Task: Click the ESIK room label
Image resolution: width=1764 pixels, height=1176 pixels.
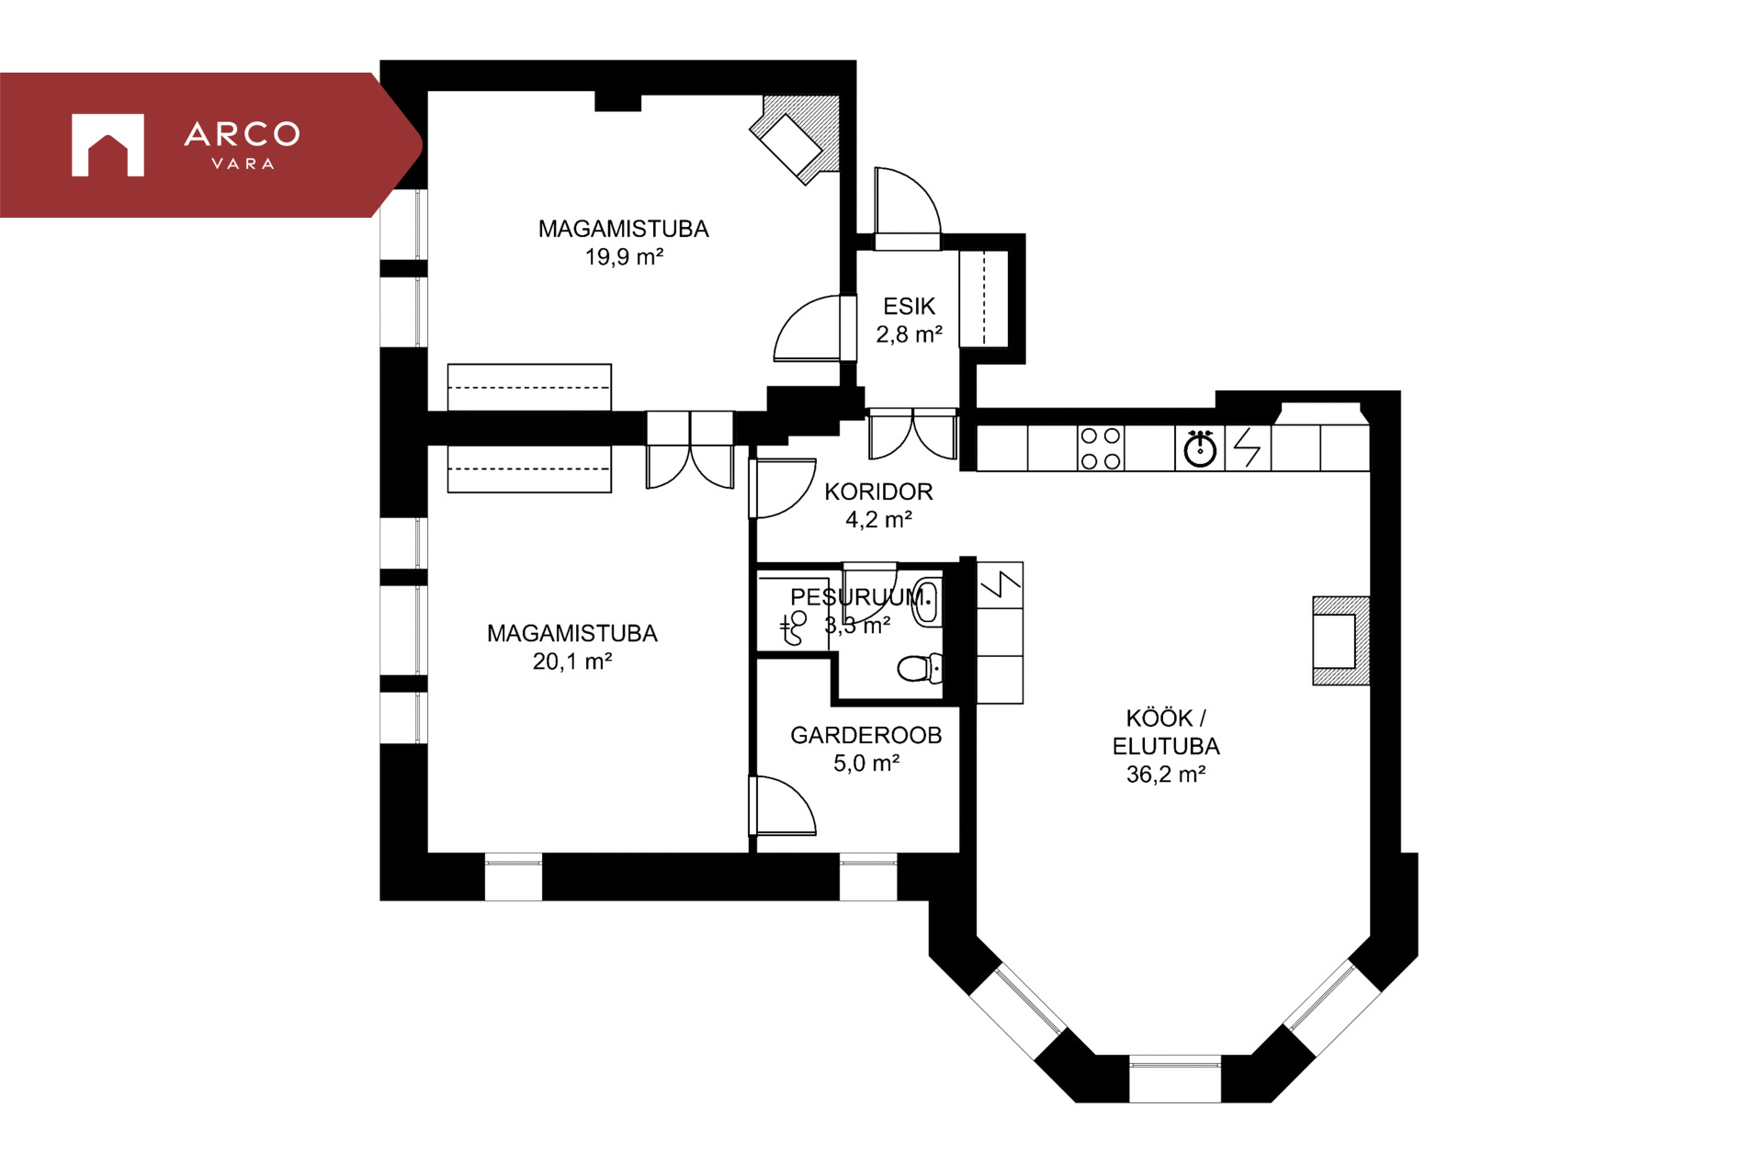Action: (909, 306)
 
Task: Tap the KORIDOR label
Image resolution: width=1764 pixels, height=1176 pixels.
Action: (878, 492)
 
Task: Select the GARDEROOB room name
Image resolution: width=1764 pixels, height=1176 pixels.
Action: (866, 735)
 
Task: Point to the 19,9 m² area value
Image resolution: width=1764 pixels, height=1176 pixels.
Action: (624, 256)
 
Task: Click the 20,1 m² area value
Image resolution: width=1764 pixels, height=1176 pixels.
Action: (572, 661)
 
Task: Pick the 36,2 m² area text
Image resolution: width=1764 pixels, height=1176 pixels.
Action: (1166, 775)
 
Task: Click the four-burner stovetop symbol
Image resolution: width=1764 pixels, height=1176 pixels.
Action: (1101, 448)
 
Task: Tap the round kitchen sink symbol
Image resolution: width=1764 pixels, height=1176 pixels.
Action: (1200, 448)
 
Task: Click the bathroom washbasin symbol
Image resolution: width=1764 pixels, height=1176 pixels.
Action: (927, 603)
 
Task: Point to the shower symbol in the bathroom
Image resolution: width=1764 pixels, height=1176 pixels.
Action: (793, 628)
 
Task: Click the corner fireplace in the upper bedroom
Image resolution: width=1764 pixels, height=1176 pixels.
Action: (796, 139)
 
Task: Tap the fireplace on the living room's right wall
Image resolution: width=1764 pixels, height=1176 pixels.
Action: (1340, 640)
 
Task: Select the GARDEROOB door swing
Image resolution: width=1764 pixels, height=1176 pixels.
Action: (783, 806)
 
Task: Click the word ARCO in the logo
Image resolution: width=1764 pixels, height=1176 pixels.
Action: (243, 134)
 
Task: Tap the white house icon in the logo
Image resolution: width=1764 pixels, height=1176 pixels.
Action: (107, 145)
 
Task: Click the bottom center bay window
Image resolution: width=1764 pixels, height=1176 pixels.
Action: (1175, 1079)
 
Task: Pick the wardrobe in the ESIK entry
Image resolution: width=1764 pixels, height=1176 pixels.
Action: (984, 299)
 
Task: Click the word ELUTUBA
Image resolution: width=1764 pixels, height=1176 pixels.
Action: (1166, 746)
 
